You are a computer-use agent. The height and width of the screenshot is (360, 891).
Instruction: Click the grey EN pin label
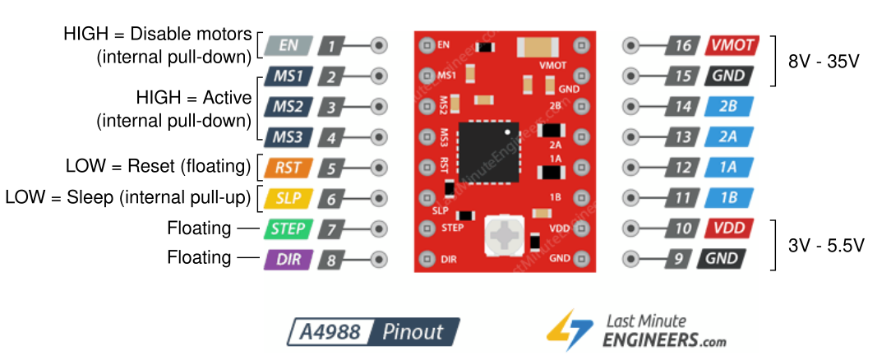[287, 45]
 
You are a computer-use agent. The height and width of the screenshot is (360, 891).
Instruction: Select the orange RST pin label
[287, 168]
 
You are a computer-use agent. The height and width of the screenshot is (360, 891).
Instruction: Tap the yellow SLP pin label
[287, 199]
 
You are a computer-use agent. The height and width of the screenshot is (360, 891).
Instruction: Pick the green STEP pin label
[287, 229]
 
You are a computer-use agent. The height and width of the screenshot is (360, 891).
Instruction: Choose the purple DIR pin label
[287, 260]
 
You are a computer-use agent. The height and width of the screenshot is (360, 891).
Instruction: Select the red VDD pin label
[727, 229]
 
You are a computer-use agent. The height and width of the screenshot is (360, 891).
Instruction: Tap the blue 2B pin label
[727, 107]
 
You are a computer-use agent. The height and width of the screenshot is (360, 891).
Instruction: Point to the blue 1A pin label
[727, 168]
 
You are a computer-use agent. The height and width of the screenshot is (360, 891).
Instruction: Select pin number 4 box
[331, 137]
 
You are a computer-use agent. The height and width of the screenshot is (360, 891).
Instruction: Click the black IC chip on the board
[490, 151]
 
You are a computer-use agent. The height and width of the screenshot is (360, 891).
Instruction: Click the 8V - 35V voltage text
[824, 62]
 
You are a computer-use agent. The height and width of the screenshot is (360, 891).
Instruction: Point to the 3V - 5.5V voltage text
[824, 245]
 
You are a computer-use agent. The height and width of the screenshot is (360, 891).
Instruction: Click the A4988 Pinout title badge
[373, 332]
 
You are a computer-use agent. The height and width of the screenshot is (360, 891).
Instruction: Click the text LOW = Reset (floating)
[158, 167]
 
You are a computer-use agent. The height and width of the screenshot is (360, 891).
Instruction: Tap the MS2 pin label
[287, 107]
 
